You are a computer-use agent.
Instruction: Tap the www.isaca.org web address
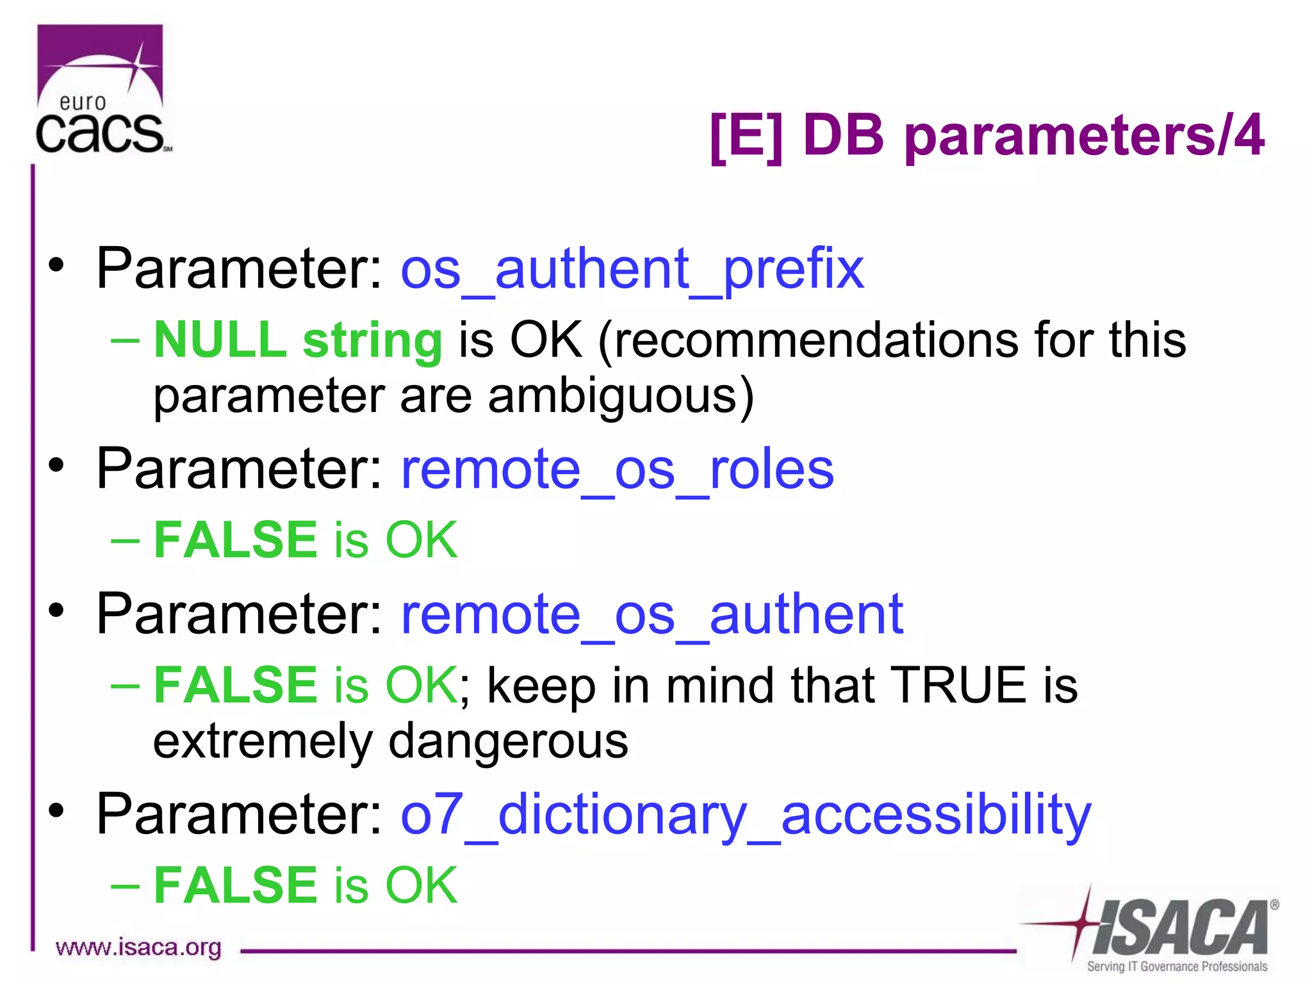coord(138,947)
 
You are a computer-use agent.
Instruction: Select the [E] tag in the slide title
coord(746,135)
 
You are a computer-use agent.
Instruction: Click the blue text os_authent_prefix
coord(632,269)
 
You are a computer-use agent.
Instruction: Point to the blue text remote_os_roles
coord(617,470)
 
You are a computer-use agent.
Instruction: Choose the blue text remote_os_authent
coord(652,614)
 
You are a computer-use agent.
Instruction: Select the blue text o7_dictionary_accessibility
coord(745,815)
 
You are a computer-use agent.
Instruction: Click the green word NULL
coord(220,340)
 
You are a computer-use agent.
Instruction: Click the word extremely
coord(263,742)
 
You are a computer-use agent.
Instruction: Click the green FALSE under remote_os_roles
coord(235,540)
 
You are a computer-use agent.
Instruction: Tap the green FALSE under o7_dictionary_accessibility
coord(235,885)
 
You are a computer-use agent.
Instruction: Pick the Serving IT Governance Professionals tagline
coord(1176,966)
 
